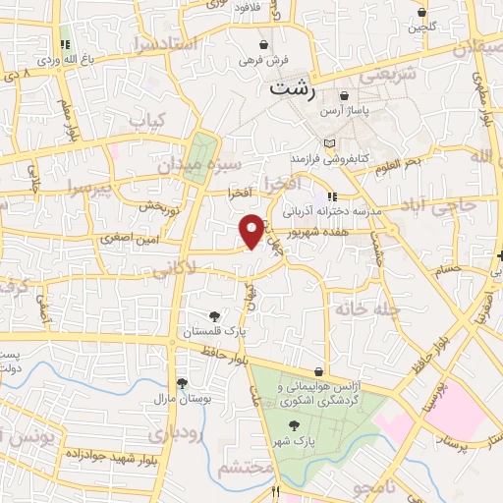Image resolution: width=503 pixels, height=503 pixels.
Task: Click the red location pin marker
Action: coord(251,230)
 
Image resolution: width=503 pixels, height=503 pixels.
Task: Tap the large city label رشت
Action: coord(294,89)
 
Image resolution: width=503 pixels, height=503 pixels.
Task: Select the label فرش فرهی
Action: coord(264,60)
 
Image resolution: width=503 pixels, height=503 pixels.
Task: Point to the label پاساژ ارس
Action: coord(350,111)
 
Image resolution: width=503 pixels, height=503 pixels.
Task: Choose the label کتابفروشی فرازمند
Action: coord(327,157)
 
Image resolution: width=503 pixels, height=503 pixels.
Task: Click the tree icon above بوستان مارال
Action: coord(182,384)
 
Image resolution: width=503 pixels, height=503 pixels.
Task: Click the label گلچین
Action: coord(421,27)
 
